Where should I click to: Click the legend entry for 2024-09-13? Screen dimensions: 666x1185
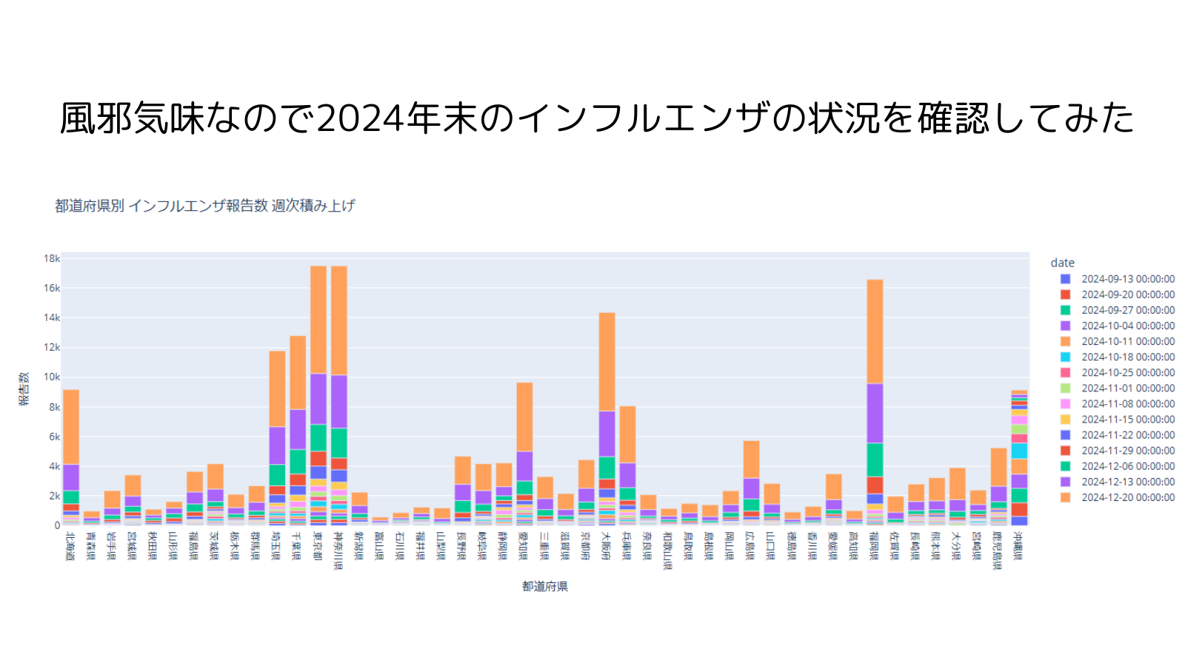click(1127, 279)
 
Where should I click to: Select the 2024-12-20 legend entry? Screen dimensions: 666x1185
click(1127, 497)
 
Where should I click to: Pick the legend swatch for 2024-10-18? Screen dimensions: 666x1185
click(1065, 357)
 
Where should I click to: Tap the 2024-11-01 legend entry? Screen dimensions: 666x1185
click(1127, 388)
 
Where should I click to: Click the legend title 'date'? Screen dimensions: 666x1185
click(1062, 263)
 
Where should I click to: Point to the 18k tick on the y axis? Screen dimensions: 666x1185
click(52, 258)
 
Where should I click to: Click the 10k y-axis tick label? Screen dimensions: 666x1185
click(52, 377)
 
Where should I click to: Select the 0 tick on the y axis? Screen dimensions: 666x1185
click(56, 525)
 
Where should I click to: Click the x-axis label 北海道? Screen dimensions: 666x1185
click(70, 546)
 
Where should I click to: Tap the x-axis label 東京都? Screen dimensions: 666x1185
click(318, 546)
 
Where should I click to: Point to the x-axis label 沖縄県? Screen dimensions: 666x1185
click(1019, 546)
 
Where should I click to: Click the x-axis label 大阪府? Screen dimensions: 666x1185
click(607, 546)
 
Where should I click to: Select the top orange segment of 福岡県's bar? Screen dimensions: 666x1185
click(875, 331)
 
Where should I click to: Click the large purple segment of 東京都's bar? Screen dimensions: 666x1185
click(318, 398)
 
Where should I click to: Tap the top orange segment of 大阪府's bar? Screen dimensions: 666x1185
click(607, 361)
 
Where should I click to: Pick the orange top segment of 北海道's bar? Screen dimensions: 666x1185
click(71, 426)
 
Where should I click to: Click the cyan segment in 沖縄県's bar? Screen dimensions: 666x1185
click(1019, 451)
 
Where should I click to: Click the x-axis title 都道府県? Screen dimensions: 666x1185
click(544, 586)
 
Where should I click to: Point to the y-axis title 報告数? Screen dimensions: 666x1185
click(24, 388)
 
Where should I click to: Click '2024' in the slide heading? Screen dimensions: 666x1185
click(360, 118)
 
